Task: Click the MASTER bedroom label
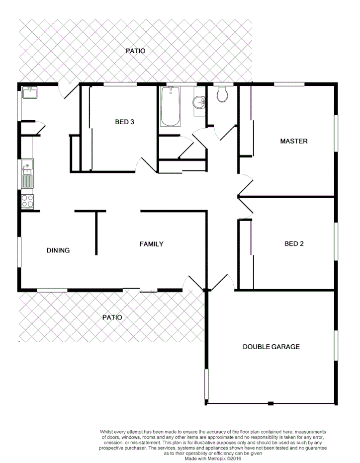294,141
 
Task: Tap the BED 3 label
125,122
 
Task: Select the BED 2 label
294,244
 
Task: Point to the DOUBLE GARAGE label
271,347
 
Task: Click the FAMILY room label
151,244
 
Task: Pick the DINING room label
58,250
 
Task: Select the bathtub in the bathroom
170,106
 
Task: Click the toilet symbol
222,94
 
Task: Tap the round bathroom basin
199,102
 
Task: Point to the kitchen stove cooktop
28,201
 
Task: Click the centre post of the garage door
270,403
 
